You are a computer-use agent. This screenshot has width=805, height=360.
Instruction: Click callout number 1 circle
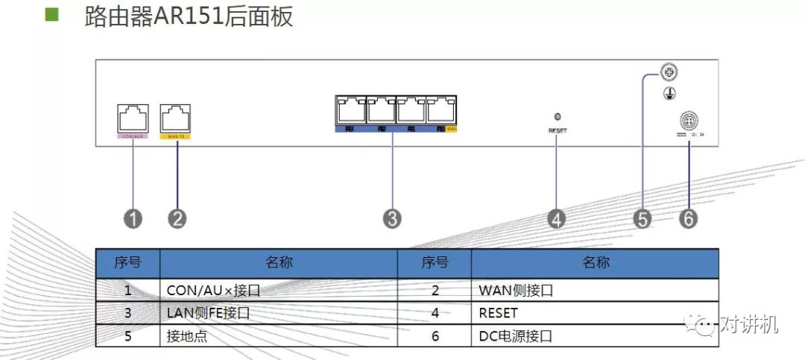133,218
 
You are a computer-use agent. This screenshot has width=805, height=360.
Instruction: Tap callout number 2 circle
177,218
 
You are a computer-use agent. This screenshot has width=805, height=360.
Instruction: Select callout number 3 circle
392,218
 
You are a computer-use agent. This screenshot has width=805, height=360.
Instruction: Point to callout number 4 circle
557,218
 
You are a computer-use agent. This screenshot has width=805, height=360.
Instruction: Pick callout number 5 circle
643,218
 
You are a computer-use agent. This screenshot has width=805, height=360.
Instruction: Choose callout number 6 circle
689,218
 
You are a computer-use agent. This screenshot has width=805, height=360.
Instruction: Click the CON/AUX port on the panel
133,118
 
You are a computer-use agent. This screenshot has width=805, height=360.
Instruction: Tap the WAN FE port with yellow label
176,118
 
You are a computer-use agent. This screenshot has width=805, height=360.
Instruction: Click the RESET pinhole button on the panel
557,116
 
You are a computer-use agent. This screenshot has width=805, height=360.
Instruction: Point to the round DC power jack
688,121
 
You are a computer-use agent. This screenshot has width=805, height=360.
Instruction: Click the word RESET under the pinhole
557,130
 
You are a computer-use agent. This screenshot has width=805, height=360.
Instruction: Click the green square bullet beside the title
52,16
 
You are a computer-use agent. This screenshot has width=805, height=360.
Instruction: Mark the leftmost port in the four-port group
350,110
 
